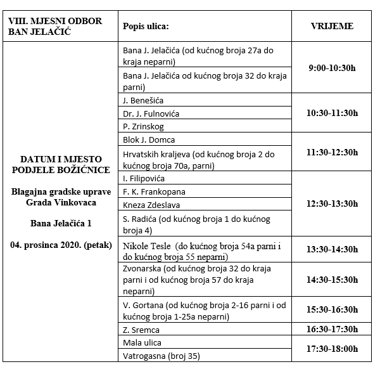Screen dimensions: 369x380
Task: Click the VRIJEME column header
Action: tap(332, 27)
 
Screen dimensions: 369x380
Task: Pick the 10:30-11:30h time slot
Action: tap(332, 113)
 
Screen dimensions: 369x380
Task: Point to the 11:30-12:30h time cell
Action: tap(332, 153)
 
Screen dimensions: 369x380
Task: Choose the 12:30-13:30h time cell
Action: tap(332, 204)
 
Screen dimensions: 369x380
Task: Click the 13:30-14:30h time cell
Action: tap(332, 250)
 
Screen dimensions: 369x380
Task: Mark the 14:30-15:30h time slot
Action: tap(332, 279)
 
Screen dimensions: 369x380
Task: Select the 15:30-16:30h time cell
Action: tap(332, 310)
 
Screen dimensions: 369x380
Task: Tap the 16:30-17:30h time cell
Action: tap(332, 330)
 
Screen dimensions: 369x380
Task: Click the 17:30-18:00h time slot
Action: tap(332, 349)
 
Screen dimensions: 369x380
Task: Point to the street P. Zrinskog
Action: tap(143, 126)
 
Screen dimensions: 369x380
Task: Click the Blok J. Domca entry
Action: tap(149, 139)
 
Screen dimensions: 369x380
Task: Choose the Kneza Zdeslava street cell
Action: tap(151, 205)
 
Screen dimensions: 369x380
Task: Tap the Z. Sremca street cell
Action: tap(141, 330)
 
